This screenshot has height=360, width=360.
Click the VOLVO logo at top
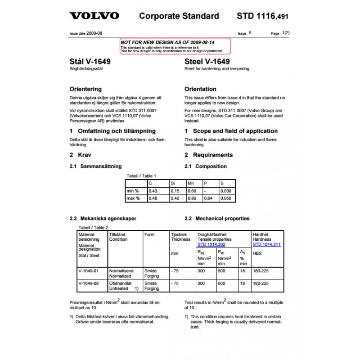tap(94, 16)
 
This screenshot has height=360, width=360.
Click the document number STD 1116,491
tap(262, 16)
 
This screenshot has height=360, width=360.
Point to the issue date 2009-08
tap(95, 33)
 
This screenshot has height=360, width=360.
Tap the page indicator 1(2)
tap(286, 33)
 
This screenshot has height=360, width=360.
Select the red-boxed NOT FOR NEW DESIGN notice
tap(175, 45)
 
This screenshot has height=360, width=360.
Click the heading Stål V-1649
tap(90, 62)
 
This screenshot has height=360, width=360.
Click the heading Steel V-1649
tap(207, 62)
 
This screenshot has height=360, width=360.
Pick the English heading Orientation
tap(200, 89)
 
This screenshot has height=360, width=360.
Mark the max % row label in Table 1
tap(133, 198)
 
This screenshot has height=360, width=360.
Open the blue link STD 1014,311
tap(267, 244)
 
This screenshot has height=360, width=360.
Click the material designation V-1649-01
tap(88, 271)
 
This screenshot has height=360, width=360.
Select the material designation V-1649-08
tap(88, 283)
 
